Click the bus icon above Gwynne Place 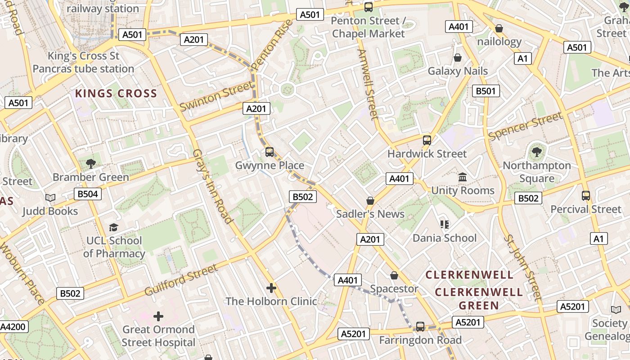coord(270,152)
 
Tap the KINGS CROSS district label coord(116,94)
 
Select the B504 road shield coord(88,194)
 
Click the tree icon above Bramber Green coord(91,164)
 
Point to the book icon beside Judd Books coord(50,198)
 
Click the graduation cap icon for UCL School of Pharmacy coord(114,227)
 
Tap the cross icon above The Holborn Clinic coord(271,288)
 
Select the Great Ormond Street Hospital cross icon coord(158,316)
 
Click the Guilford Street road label coord(181,280)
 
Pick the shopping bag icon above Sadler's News coord(370,201)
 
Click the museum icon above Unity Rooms coord(463,177)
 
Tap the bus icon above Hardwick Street coord(427,140)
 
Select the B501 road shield coord(486,91)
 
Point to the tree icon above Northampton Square coord(536,152)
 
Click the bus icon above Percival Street coord(586,196)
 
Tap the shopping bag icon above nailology coord(499,29)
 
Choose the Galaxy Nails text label coord(458,71)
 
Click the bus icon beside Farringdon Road coord(420,327)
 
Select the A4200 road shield coord(13,327)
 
